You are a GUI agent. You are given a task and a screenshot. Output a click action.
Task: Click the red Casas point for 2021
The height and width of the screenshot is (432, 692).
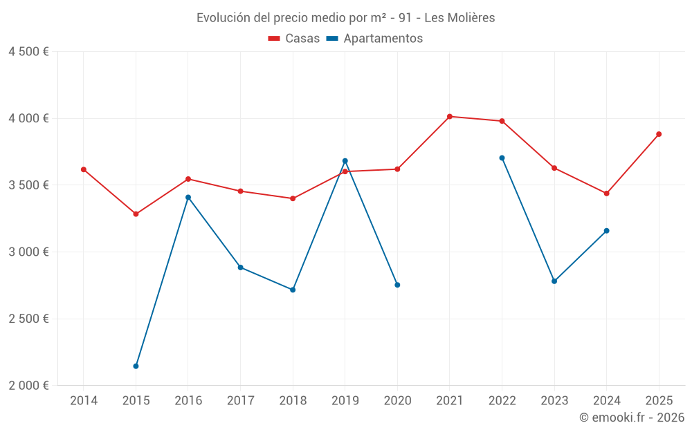(x=450, y=116)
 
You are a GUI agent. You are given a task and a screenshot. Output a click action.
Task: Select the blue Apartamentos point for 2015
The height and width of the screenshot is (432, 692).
(x=136, y=366)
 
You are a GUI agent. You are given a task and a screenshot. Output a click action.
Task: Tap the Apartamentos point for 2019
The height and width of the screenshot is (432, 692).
(x=345, y=161)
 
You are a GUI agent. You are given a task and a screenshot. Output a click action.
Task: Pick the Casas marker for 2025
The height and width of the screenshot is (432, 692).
(x=659, y=134)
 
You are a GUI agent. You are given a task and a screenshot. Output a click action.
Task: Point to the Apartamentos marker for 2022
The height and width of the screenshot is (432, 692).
(x=502, y=158)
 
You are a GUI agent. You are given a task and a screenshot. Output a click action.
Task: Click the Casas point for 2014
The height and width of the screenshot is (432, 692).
(x=84, y=169)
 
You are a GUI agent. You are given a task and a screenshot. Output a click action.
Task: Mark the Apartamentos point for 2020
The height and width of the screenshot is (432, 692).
(x=397, y=285)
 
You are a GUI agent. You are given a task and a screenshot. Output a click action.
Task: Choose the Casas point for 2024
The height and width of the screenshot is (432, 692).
(x=606, y=194)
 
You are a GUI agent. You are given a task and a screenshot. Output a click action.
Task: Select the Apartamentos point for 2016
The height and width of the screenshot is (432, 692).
(x=188, y=197)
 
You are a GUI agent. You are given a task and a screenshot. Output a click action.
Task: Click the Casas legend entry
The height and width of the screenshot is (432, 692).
(x=294, y=39)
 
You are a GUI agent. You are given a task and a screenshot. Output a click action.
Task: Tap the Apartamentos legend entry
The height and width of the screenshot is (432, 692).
(x=374, y=39)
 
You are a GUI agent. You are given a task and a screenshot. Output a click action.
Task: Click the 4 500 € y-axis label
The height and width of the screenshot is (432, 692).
(x=28, y=52)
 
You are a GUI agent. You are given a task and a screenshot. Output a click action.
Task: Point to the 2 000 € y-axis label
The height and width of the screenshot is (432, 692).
(x=28, y=386)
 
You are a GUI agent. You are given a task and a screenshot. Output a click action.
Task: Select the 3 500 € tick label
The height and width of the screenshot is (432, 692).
(x=28, y=185)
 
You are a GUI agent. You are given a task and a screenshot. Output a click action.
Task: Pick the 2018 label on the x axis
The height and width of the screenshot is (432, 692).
(x=293, y=400)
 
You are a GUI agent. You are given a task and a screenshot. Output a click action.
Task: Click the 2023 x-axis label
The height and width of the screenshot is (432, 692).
(x=554, y=400)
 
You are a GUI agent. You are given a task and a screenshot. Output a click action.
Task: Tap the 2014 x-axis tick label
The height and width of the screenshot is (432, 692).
(x=84, y=400)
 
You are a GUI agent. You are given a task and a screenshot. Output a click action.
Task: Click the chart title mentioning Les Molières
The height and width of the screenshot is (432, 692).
(x=346, y=18)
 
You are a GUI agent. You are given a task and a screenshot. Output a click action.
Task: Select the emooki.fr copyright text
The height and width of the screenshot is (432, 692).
(x=631, y=417)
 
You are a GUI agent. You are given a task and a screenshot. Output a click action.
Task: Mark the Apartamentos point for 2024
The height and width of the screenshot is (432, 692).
(x=606, y=231)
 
